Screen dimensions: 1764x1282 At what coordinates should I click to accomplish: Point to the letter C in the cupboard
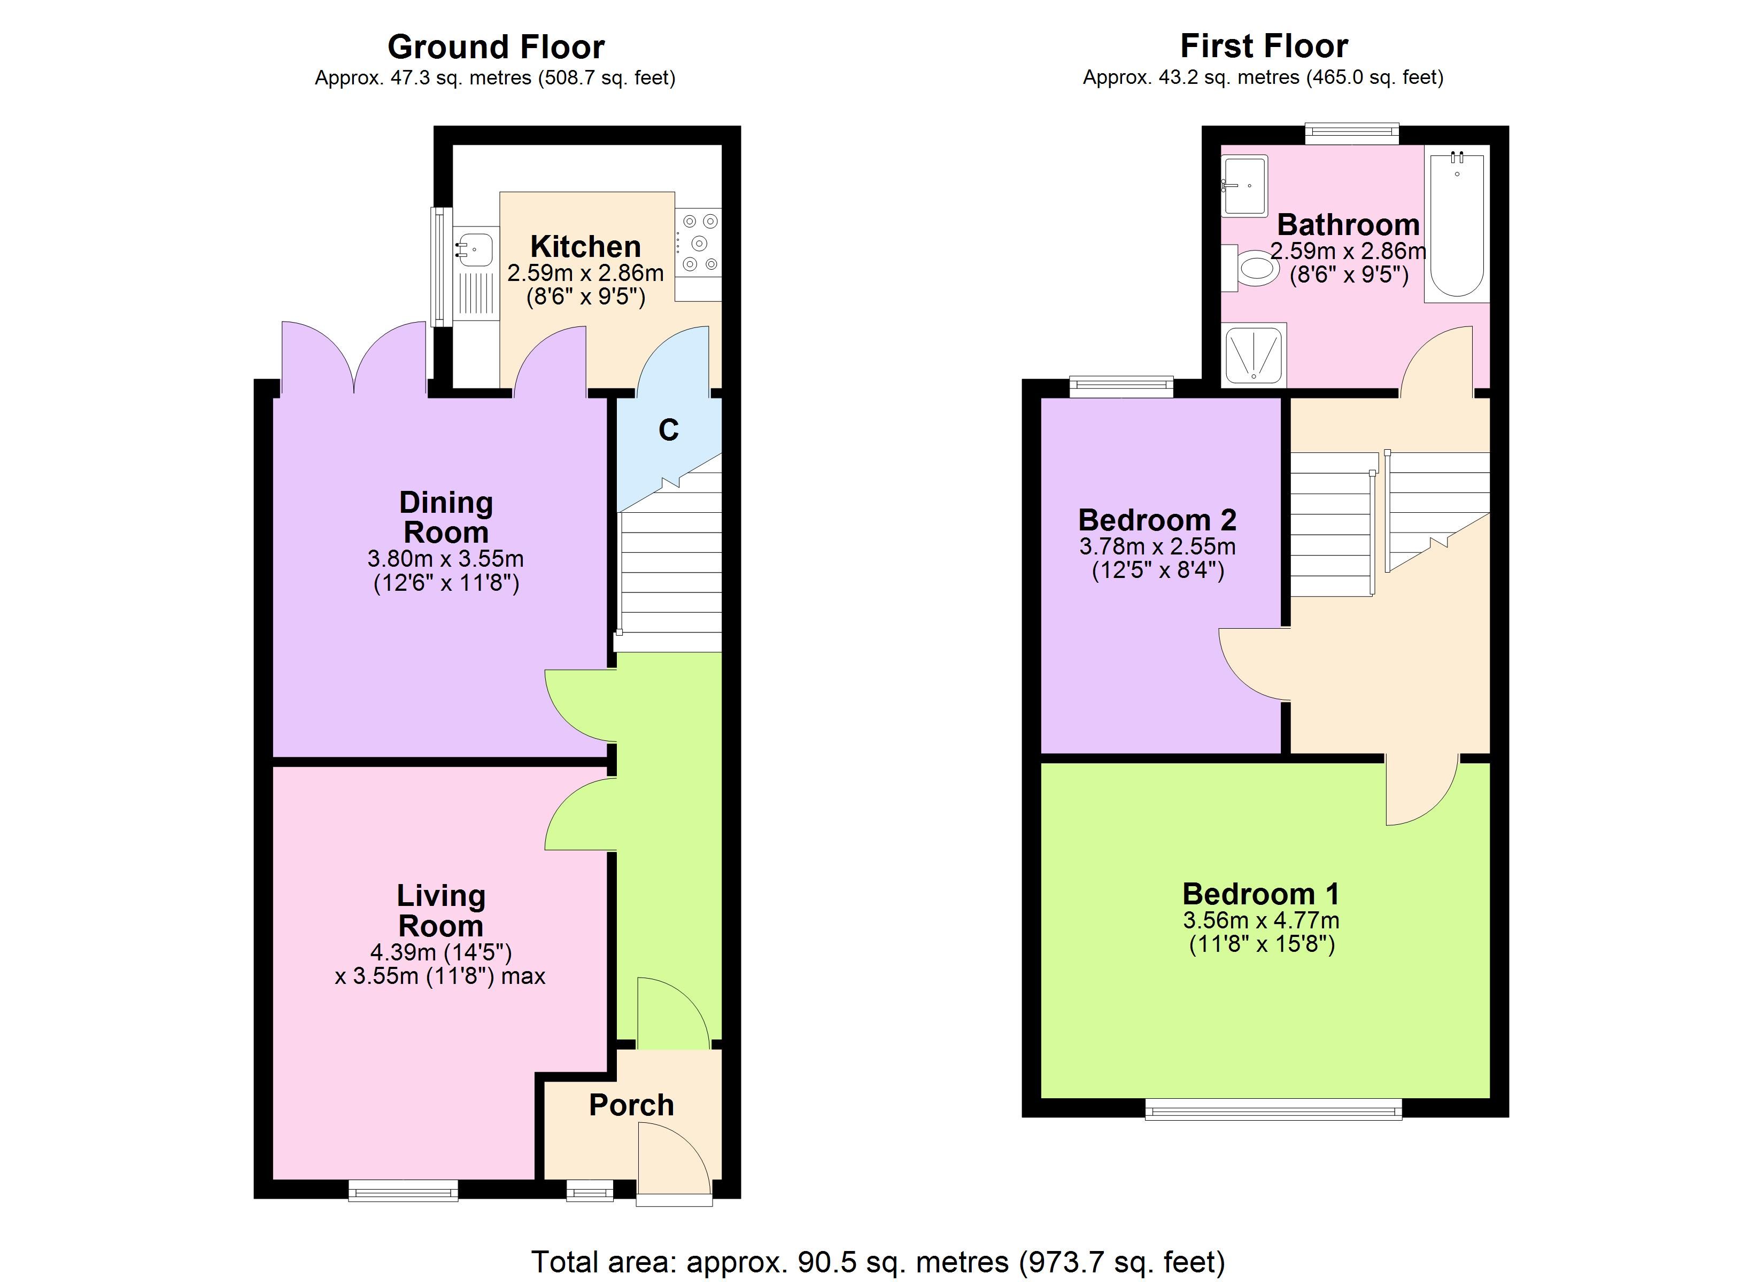669,430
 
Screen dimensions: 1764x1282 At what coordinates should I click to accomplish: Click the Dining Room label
446,518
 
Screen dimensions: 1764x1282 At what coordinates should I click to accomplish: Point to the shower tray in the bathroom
1255,355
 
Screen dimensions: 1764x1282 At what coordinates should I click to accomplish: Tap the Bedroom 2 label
1157,519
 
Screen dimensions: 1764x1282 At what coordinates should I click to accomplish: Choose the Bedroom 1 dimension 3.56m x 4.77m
1262,920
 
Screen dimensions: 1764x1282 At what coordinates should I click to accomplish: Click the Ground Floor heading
496,46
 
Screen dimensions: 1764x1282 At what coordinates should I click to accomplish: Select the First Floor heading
1264,46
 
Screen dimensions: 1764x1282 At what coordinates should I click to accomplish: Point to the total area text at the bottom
878,1261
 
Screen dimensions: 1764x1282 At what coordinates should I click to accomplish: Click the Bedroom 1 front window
1273,1108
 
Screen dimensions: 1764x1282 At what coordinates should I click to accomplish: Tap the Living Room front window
403,1190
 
